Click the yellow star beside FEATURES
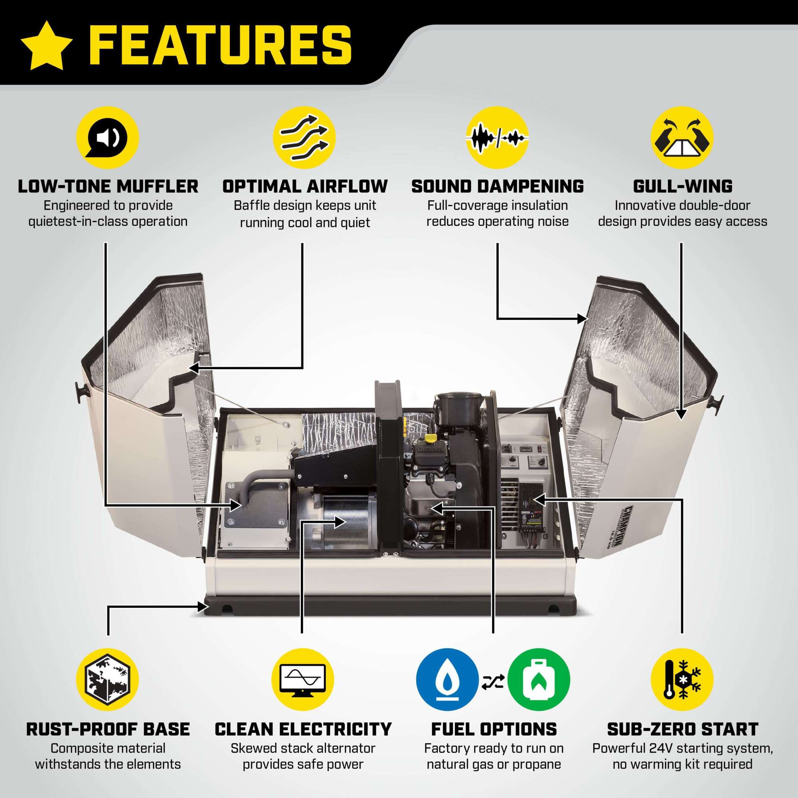[x=47, y=45]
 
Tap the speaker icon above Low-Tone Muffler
[x=108, y=138]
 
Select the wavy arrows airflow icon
[x=304, y=138]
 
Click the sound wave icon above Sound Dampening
[x=497, y=138]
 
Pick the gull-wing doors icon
[x=682, y=138]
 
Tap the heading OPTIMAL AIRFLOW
[x=305, y=187]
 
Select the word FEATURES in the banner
[x=220, y=45]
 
